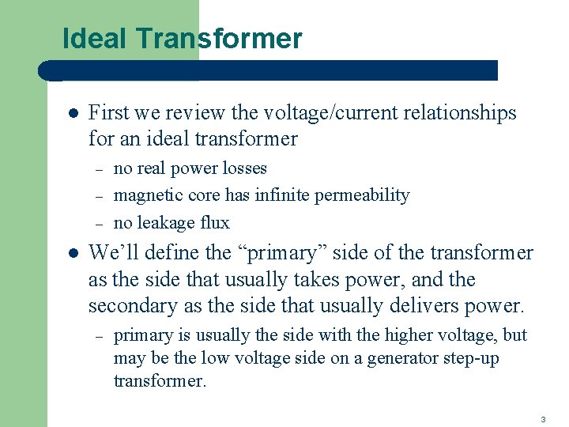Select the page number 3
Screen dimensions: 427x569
tap(543, 418)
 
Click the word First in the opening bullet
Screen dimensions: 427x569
tap(107, 113)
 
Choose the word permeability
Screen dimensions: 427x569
tap(364, 195)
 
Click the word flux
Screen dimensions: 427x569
tap(213, 222)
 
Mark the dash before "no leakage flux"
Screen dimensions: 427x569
tap(100, 223)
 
